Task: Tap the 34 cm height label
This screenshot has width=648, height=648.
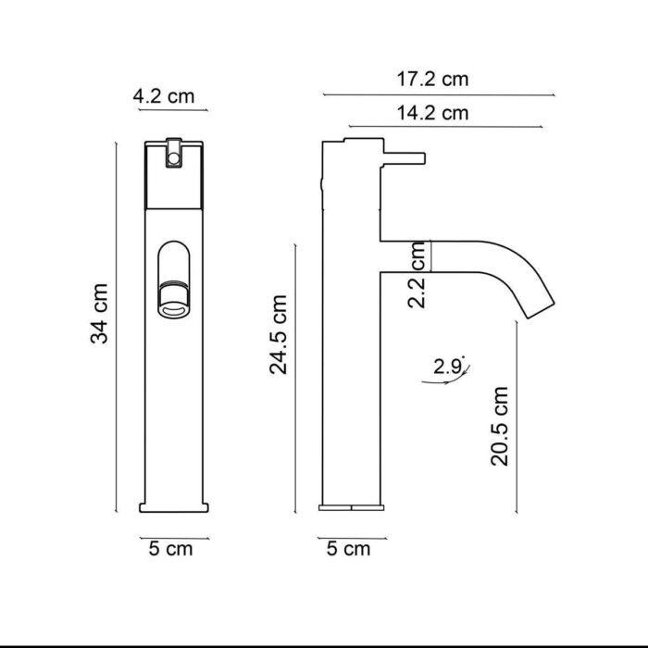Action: point(101,314)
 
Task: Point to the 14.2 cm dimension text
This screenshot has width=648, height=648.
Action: point(432,114)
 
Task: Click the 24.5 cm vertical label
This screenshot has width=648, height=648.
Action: point(278,334)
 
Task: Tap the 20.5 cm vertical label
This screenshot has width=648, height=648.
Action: point(500,425)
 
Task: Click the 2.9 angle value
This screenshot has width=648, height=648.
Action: point(448,367)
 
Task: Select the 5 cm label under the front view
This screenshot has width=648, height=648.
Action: point(170,549)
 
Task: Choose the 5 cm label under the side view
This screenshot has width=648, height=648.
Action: point(348,549)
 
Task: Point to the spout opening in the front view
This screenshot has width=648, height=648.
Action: point(173,301)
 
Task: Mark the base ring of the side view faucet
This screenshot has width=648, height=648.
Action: point(351,507)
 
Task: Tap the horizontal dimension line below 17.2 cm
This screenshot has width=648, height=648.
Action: point(439,94)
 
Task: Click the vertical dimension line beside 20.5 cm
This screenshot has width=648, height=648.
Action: point(516,417)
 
